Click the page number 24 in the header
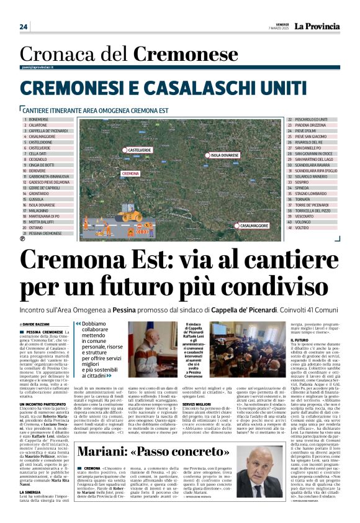(24, 27)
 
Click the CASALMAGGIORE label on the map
(254, 225)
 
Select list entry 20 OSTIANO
(38, 227)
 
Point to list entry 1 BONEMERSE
(38, 119)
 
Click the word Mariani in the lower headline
(112, 452)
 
